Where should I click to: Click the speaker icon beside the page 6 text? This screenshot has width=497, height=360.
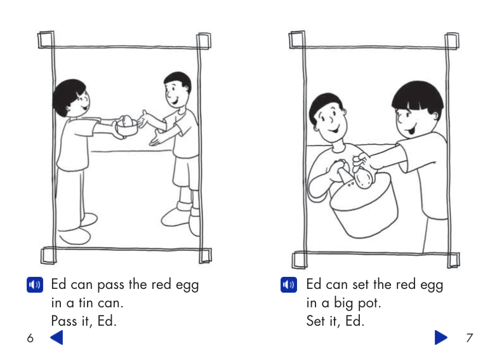coord(35,284)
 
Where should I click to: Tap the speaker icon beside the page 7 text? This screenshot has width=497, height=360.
coord(289,284)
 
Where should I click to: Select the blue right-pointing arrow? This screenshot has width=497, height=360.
coord(441,337)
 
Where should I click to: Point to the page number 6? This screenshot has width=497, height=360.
coord(30,338)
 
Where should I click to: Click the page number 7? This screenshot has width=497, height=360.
coord(470,338)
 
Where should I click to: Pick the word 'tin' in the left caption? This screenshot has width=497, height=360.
coord(86,303)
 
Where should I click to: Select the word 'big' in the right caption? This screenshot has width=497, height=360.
coord(343,303)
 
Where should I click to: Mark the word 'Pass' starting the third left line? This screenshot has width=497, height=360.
coord(64,321)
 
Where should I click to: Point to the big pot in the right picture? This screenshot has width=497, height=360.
coord(364,205)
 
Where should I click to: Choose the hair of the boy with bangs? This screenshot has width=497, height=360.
coord(418,96)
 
